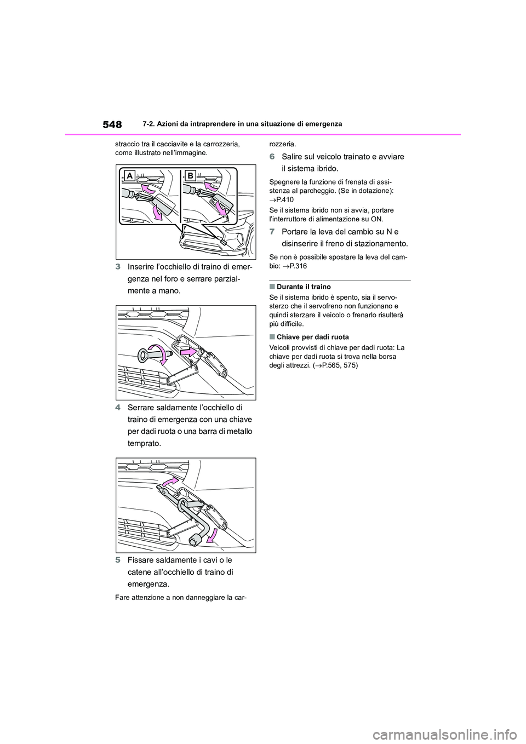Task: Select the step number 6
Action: point(272,157)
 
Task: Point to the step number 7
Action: point(272,232)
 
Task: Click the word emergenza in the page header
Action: point(322,124)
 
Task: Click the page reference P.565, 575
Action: point(335,365)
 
